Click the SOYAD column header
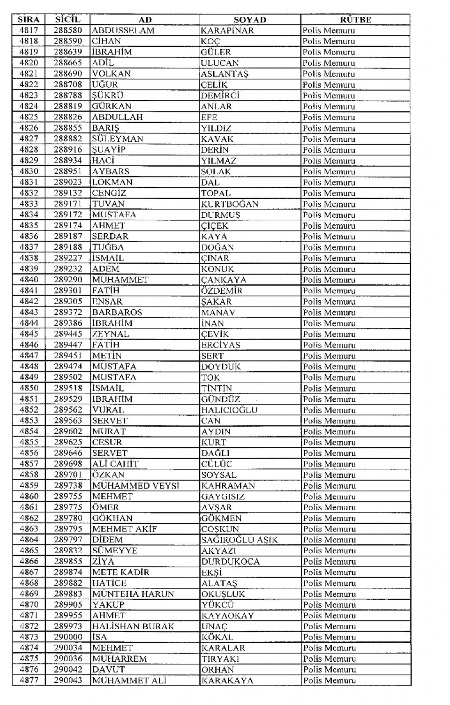pyautogui.click(x=249, y=20)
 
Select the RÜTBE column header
pyautogui.click(x=355, y=20)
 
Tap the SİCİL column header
pyautogui.click(x=67, y=20)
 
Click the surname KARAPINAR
pyautogui.click(x=227, y=30)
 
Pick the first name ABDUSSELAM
pyautogui.click(x=123, y=30)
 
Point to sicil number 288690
pyautogui.click(x=67, y=74)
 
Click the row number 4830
pyautogui.click(x=29, y=171)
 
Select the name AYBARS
pyautogui.click(x=111, y=171)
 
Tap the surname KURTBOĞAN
pyautogui.click(x=230, y=204)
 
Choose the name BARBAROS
pyautogui.click(x=117, y=312)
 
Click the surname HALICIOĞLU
pyautogui.click(x=229, y=410)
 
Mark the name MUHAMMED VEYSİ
pyautogui.click(x=135, y=486)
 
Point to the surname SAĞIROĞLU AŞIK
pyautogui.click(x=240, y=540)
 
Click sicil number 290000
pyautogui.click(x=68, y=637)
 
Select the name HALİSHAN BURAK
pyautogui.click(x=133, y=626)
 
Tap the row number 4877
pyautogui.click(x=29, y=680)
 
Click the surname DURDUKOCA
pyautogui.click(x=230, y=561)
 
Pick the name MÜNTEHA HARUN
pyautogui.click(x=133, y=594)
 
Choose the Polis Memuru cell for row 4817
pyautogui.click(x=329, y=30)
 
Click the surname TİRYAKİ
pyautogui.click(x=220, y=659)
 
